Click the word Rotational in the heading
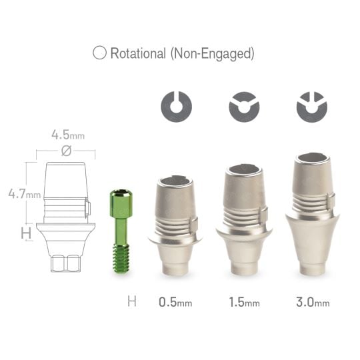(138, 54)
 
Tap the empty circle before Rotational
(99, 54)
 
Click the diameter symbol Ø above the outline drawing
(66, 151)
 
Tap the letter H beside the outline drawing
(26, 233)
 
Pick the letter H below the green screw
(132, 302)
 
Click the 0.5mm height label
(175, 302)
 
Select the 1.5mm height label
(244, 302)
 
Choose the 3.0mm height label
(312, 302)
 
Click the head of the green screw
(121, 199)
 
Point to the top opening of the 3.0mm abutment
(312, 159)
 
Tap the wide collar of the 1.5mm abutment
(244, 233)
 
